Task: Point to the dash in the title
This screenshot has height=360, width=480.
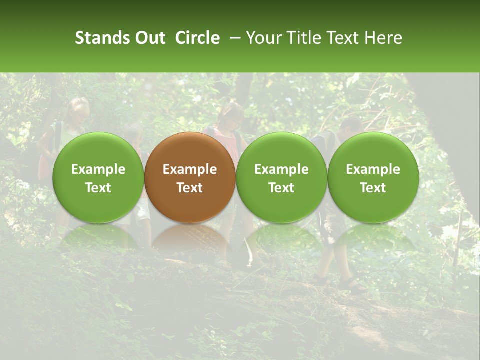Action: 236,38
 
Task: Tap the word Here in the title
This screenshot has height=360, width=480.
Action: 383,38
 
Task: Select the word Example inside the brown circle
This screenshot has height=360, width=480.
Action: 190,169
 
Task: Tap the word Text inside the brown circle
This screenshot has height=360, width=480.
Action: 190,188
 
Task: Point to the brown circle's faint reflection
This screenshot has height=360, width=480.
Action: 190,240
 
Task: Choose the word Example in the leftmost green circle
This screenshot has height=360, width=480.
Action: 98,169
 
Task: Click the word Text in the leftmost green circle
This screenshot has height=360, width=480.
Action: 98,188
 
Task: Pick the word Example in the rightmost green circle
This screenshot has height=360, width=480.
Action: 373,169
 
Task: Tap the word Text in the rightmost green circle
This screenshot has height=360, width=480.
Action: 373,188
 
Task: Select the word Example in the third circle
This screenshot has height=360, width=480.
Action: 281,169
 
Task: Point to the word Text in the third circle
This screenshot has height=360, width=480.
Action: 281,188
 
